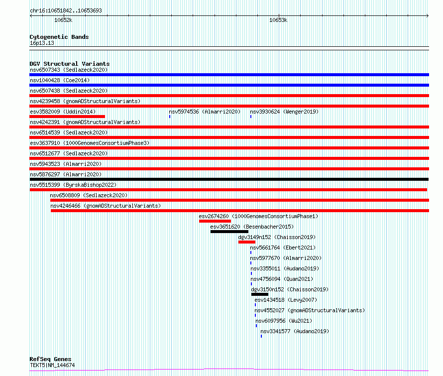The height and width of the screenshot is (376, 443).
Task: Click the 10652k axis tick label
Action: click(x=63, y=20)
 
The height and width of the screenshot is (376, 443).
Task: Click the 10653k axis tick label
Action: click(x=278, y=20)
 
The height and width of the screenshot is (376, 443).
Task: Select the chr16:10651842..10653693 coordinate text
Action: click(x=66, y=10)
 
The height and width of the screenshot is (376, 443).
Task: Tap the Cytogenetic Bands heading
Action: click(x=59, y=37)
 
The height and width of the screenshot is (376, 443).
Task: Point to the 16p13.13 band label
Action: click(x=42, y=43)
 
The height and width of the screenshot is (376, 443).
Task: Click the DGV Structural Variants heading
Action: click(x=70, y=64)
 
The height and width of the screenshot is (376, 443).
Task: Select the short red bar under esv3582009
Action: click(x=67, y=117)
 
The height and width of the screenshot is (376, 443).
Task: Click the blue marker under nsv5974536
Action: click(x=170, y=117)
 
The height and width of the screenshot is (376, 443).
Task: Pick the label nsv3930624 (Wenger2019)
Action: click(x=284, y=112)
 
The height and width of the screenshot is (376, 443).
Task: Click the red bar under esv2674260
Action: click(x=215, y=221)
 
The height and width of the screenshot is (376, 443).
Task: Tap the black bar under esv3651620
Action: click(x=229, y=232)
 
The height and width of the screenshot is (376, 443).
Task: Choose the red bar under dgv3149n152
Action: click(x=247, y=242)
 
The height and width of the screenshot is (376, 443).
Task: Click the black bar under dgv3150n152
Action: click(x=260, y=294)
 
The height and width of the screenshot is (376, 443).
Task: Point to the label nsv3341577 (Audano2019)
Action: click(x=295, y=331)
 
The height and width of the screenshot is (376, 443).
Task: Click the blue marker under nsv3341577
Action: click(x=261, y=336)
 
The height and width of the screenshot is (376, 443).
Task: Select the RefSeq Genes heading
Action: click(x=50, y=359)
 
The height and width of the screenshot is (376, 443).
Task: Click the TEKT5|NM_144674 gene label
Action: click(x=52, y=365)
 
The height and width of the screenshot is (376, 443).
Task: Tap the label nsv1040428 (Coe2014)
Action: click(x=60, y=80)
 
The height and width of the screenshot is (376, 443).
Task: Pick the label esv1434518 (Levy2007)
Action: click(x=286, y=300)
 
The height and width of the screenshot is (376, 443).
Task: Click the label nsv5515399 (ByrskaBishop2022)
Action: click(x=73, y=185)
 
